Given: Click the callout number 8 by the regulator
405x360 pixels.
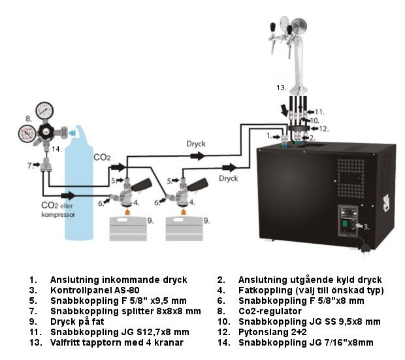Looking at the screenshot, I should click(28, 118).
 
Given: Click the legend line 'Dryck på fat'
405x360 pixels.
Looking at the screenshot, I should click(73, 322).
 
